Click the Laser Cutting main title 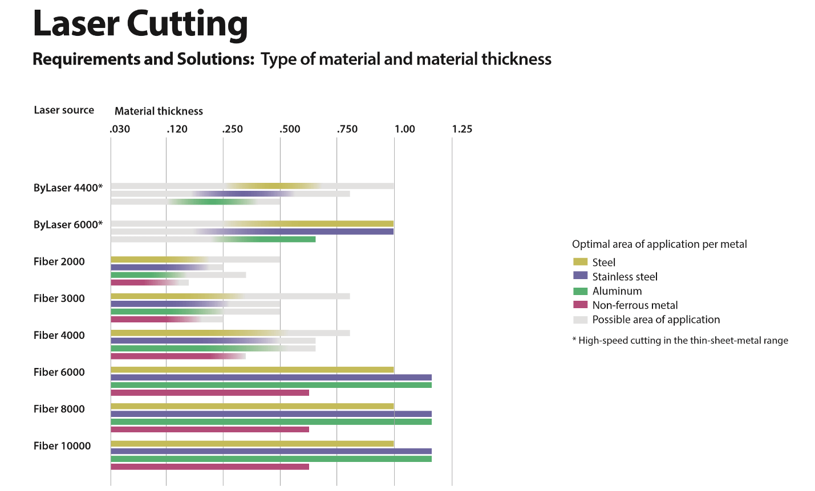pos(140,24)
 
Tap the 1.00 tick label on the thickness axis pos(404,129)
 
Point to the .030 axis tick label pos(120,129)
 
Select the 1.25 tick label pos(462,129)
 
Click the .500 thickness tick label pos(290,129)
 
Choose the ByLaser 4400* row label pos(68,188)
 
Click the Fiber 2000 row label pos(59,261)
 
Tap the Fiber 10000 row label pos(62,445)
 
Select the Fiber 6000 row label pos(59,372)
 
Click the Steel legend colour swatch pos(580,262)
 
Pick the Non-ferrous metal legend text pos(635,305)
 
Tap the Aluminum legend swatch pos(580,291)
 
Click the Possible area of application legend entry pos(656,320)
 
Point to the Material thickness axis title pos(159,111)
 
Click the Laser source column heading pos(64,110)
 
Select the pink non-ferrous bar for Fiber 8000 pos(209,429)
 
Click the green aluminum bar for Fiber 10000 pos(271,459)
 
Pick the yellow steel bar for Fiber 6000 pos(252,370)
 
